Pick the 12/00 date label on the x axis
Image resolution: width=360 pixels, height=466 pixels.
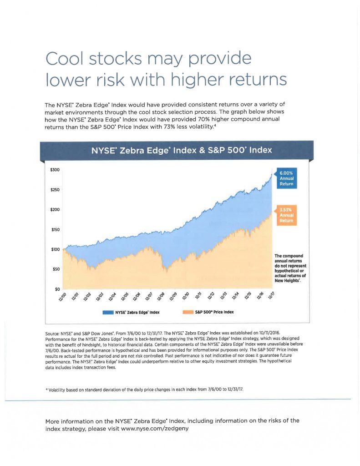tap(61, 297)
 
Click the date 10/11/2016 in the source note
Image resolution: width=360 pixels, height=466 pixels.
tap(271, 339)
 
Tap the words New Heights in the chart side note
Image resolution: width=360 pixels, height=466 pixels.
tap(285, 280)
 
